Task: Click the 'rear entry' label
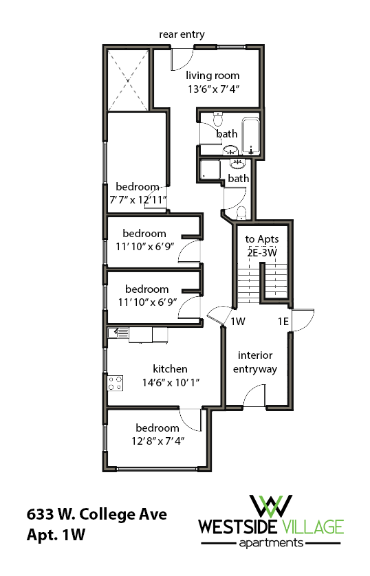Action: [x=182, y=34]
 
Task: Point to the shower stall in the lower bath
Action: [x=210, y=170]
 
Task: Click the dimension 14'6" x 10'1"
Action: [x=170, y=381]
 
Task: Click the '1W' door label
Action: [x=238, y=322]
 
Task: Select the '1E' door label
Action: [x=283, y=322]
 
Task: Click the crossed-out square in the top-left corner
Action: [x=127, y=78]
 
